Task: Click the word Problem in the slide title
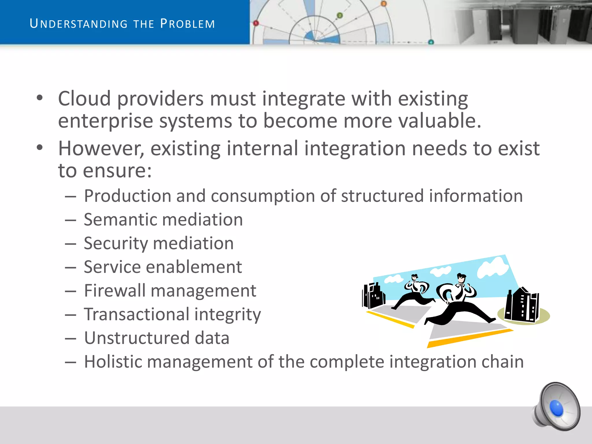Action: click(188, 24)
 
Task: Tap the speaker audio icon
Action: click(556, 407)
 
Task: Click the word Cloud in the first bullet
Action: click(84, 99)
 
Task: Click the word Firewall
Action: click(114, 291)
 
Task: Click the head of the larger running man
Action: click(461, 278)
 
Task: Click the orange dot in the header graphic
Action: click(384, 4)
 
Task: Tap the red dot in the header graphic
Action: click(256, 23)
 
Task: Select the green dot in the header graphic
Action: click(340, 15)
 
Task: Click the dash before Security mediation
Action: click(71, 244)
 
